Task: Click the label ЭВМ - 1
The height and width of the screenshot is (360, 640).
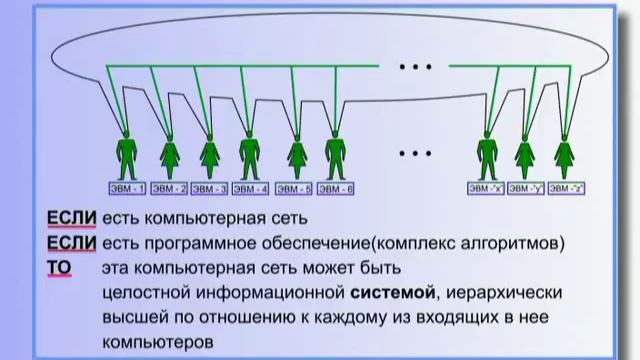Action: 127,187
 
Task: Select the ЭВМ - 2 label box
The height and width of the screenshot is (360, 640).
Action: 168,187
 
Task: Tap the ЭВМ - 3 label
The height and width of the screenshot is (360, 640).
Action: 209,187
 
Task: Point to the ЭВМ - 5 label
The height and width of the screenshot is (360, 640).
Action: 294,187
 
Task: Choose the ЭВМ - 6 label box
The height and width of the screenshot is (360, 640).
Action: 335,187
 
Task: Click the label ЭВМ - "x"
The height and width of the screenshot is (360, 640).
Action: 485,187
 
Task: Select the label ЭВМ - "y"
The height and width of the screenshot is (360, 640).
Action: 525,187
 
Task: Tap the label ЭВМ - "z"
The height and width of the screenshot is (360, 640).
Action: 566,187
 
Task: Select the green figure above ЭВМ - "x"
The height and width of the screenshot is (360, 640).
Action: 487,156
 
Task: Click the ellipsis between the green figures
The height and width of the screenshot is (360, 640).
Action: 413,154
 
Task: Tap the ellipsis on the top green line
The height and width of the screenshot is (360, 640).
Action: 413,68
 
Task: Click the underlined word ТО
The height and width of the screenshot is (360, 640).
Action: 59,268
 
